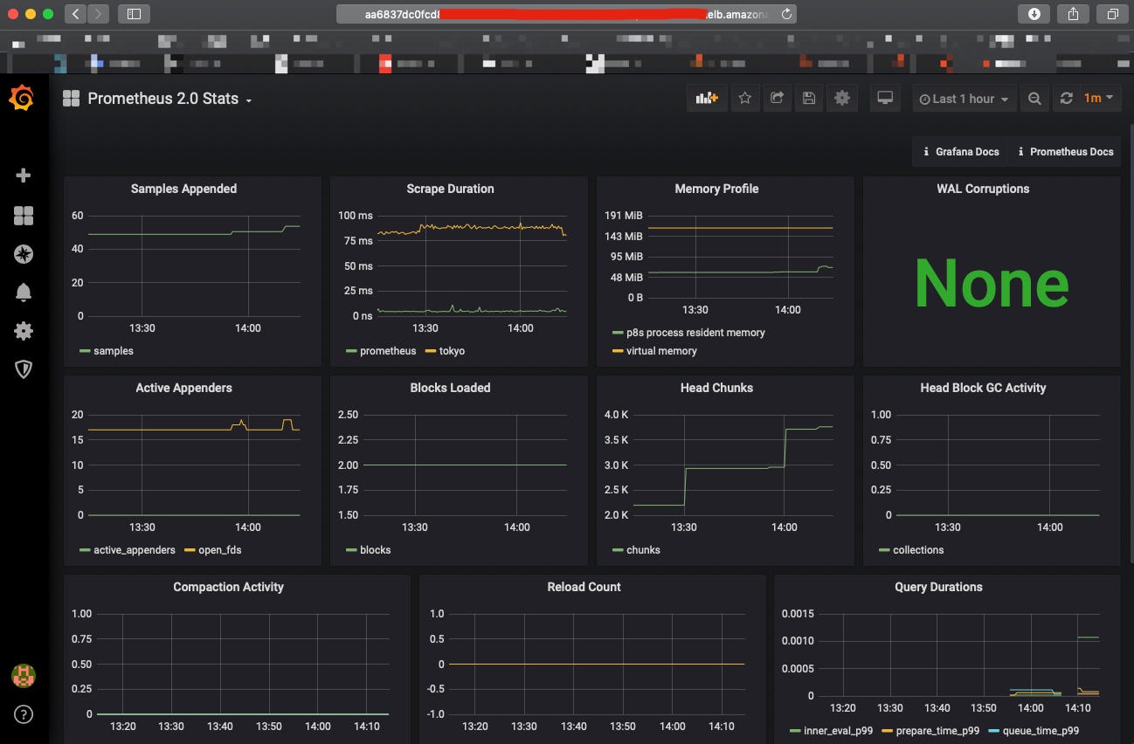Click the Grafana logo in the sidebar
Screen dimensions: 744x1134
pyautogui.click(x=23, y=100)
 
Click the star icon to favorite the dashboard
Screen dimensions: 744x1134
pyautogui.click(x=744, y=99)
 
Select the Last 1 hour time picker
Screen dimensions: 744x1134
pyautogui.click(x=964, y=99)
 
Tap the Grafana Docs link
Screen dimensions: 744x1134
pyautogui.click(x=961, y=152)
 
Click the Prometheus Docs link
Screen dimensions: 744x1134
pyautogui.click(x=1065, y=152)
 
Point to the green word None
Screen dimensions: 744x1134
pyautogui.click(x=991, y=283)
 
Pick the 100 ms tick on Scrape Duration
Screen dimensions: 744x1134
pyautogui.click(x=356, y=216)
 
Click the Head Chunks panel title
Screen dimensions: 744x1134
pyautogui.click(x=716, y=388)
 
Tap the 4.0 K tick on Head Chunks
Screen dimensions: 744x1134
pyautogui.click(x=616, y=415)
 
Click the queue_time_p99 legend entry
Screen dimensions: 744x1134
pyautogui.click(x=1038, y=731)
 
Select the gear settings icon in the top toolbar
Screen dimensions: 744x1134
pyautogui.click(x=841, y=99)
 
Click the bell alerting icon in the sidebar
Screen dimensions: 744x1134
pyautogui.click(x=24, y=293)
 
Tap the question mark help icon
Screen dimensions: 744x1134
pyautogui.click(x=24, y=714)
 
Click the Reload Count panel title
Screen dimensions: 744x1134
pyautogui.click(x=584, y=587)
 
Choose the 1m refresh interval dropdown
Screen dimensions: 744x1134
pyautogui.click(x=1098, y=99)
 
